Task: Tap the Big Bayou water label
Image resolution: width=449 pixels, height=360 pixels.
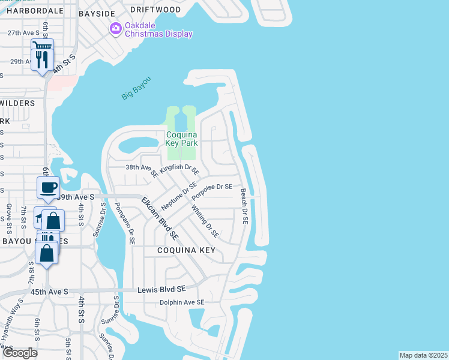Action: pyautogui.click(x=136, y=88)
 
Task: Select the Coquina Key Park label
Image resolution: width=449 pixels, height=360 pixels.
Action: pyautogui.click(x=181, y=139)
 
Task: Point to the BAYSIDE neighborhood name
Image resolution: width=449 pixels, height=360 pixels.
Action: pyautogui.click(x=96, y=11)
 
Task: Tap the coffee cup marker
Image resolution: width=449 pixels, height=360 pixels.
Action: pyautogui.click(x=48, y=187)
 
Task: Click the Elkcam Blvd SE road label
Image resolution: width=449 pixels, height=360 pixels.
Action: pyautogui.click(x=160, y=217)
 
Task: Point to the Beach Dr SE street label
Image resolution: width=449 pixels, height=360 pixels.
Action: pyautogui.click(x=244, y=206)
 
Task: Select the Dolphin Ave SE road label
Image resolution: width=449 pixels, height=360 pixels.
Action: pyautogui.click(x=182, y=302)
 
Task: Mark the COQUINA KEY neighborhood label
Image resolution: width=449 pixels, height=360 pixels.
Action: pyautogui.click(x=186, y=250)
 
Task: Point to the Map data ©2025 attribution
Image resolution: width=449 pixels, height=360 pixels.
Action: pyautogui.click(x=423, y=355)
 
